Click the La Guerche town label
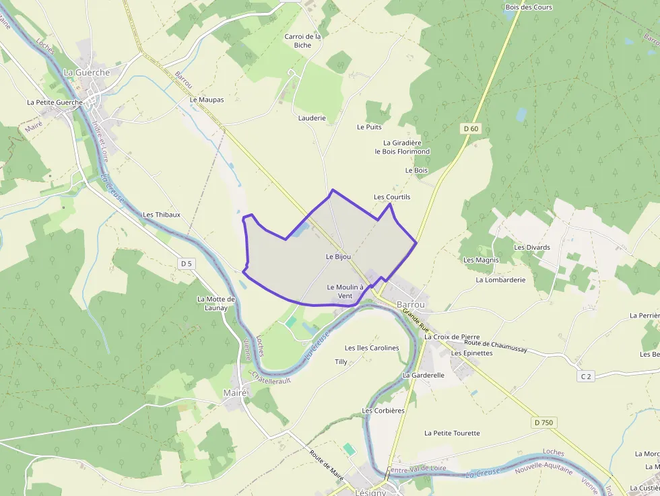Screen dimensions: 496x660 [86, 72]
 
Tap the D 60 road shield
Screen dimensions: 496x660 [471, 129]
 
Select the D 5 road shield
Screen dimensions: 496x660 [187, 263]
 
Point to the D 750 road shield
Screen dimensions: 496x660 [542, 423]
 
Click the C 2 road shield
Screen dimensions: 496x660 [586, 376]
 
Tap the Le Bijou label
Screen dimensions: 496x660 [338, 256]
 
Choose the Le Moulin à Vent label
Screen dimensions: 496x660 [345, 291]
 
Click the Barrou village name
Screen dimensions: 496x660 [411, 304]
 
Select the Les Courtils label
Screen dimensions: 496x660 [392, 197]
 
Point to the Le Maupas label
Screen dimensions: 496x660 [207, 100]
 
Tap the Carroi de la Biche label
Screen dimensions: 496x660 [302, 41]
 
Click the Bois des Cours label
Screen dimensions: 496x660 [529, 7]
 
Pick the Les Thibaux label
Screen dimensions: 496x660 [162, 215]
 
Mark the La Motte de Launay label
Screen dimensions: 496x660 [216, 304]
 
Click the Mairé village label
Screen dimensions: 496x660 [235, 392]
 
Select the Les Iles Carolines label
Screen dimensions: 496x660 [372, 348]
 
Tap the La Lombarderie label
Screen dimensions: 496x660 [500, 279]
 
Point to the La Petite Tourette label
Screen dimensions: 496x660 [452, 433]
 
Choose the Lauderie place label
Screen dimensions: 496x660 [312, 118]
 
